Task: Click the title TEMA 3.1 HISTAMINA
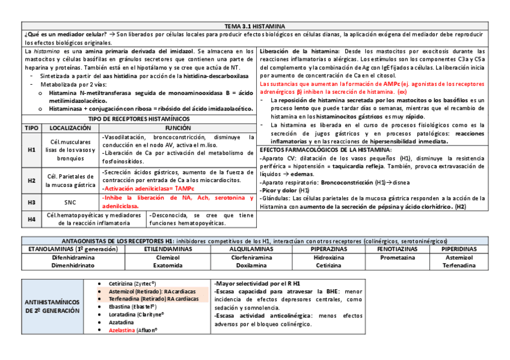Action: pos(254,26)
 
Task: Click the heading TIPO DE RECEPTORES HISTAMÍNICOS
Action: pos(138,119)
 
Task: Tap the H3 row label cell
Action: pos(32,203)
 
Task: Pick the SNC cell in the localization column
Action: pos(70,203)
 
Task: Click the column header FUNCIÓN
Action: pos(178,128)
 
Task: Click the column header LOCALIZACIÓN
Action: pos(70,128)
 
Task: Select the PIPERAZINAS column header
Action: pos(327,249)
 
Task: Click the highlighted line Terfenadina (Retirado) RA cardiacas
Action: pos(153,298)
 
